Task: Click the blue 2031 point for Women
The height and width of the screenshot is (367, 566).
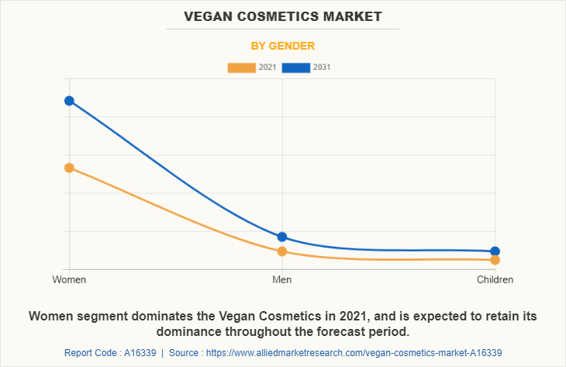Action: [x=69, y=101]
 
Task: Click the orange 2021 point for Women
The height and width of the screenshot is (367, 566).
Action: [x=69, y=168]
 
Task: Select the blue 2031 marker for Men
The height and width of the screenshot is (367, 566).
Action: [x=282, y=237]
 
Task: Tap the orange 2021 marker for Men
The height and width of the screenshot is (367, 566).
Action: [x=282, y=251]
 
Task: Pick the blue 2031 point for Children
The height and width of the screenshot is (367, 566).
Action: [x=495, y=251]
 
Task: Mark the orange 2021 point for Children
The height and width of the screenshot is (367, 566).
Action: [x=495, y=260]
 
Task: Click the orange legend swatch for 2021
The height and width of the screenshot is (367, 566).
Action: [x=241, y=68]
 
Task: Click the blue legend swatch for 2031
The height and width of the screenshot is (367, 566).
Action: [x=296, y=68]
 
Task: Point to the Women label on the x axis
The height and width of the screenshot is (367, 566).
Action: [x=69, y=279]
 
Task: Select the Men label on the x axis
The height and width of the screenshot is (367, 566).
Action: [x=282, y=279]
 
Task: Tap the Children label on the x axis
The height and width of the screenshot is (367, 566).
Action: [x=495, y=279]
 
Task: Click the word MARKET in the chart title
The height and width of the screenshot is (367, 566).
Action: [x=354, y=16]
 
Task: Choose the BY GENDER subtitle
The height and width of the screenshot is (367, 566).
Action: [x=282, y=46]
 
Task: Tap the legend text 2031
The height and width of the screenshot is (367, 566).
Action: [x=323, y=68]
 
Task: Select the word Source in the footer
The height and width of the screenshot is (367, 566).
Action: [x=187, y=353]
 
